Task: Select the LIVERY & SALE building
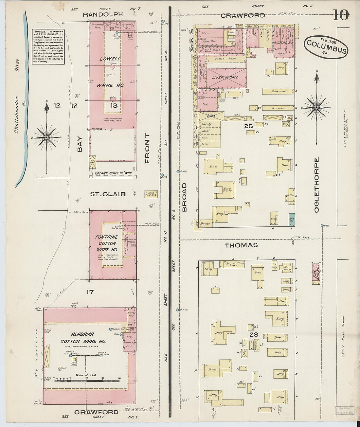point(225,78)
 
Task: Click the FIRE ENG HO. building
point(316,273)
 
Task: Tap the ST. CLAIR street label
point(108,194)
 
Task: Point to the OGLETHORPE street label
point(316,185)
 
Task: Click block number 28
point(254,334)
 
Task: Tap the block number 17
point(90,292)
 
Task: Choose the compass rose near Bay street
point(47,137)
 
